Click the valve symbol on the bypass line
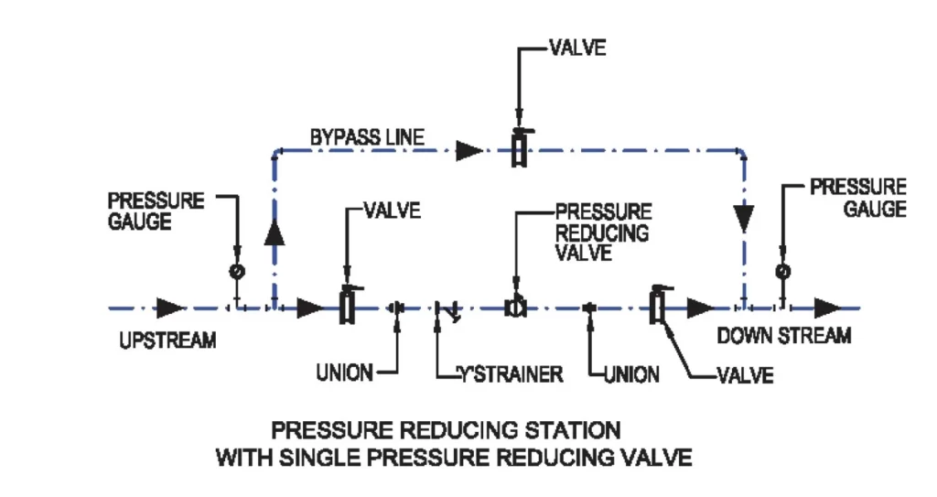pyautogui.click(x=519, y=149)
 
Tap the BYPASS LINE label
pyautogui.click(x=366, y=137)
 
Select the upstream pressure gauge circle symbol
pyautogui.click(x=236, y=271)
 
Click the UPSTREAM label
pyautogui.click(x=167, y=340)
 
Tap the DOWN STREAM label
pyautogui.click(x=783, y=336)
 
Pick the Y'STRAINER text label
pyautogui.click(x=511, y=374)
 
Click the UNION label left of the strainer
pyautogui.click(x=344, y=373)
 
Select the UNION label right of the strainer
pyautogui.click(x=630, y=374)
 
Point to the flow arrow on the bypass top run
pyautogui.click(x=469, y=149)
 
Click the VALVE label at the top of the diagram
pyautogui.click(x=576, y=48)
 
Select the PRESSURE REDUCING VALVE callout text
pyautogui.click(x=603, y=232)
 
